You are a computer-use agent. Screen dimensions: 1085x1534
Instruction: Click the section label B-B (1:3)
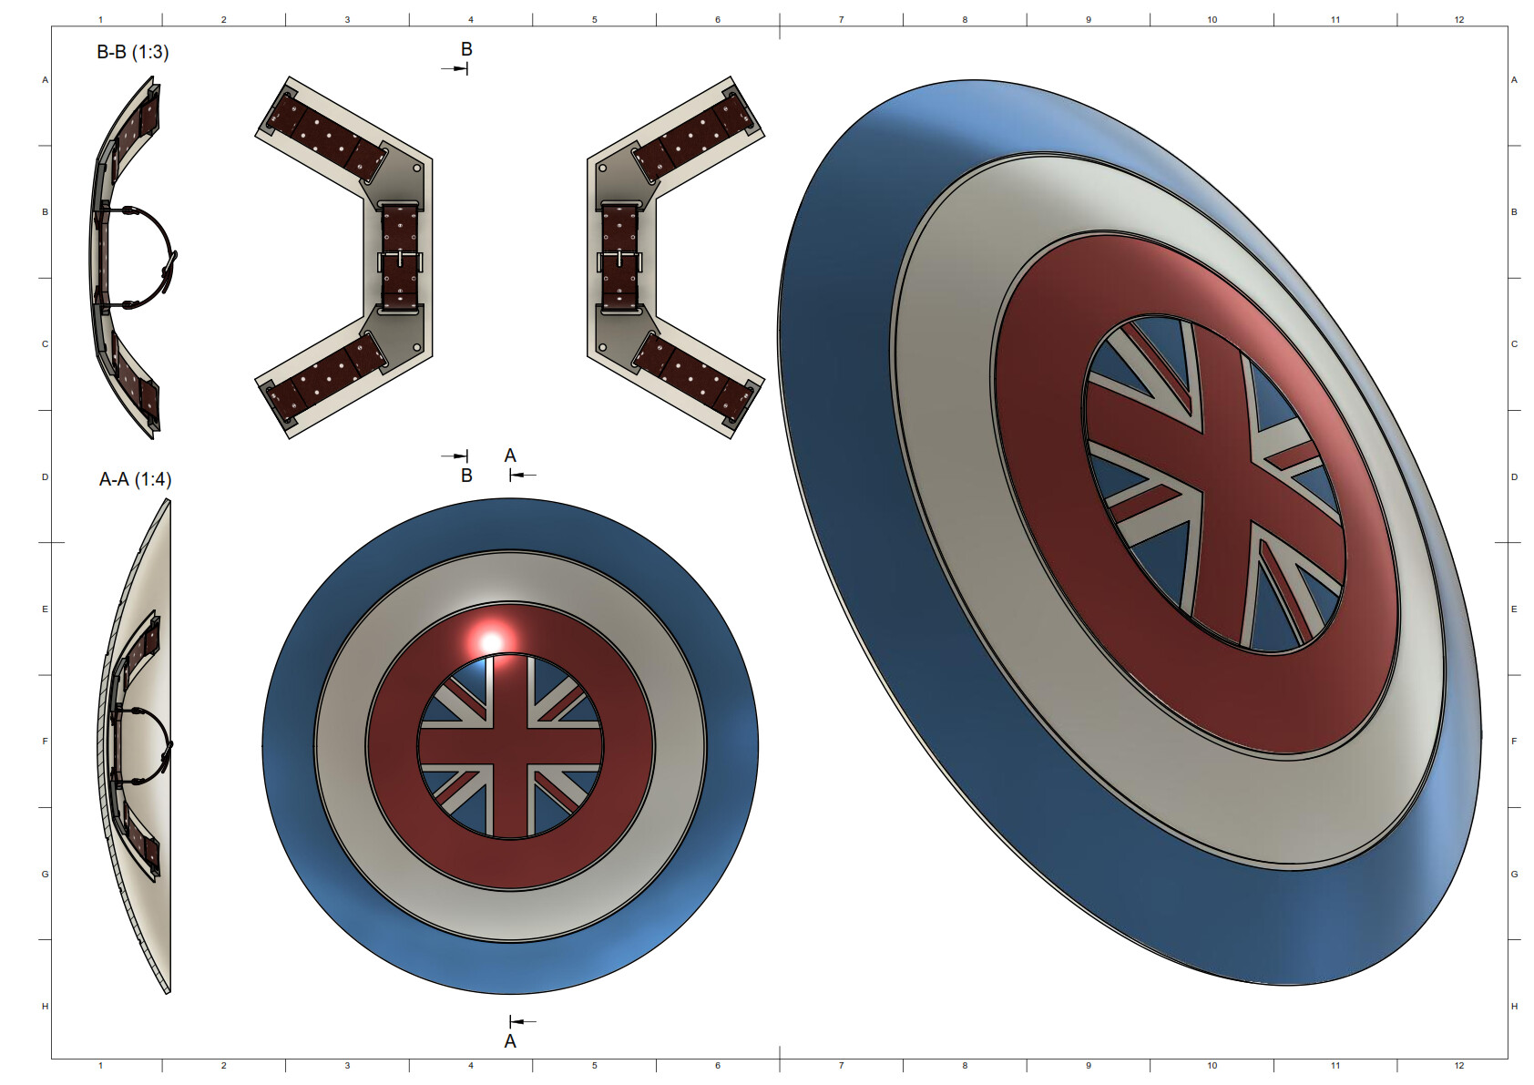pos(133,52)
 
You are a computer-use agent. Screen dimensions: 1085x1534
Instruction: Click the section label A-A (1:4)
pos(135,479)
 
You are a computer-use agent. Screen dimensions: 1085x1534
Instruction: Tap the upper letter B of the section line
pos(466,50)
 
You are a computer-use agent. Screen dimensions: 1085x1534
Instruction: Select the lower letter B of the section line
pos(466,475)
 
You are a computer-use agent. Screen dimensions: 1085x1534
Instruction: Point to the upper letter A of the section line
pos(510,455)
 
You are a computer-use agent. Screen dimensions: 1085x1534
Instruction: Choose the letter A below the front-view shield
pos(510,1040)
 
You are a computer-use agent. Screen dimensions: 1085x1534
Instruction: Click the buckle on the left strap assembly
pos(400,261)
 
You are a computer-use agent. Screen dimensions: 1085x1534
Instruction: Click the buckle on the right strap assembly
pos(619,261)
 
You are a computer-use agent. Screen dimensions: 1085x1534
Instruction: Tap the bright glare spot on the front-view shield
pos(491,641)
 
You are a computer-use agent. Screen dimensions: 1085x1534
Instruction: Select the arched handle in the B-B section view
pos(155,258)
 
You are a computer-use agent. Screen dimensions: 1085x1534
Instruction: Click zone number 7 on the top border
pos(841,19)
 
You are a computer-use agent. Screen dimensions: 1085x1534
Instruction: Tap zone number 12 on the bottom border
pos(1459,1065)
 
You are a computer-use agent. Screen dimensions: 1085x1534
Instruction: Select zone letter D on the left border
pos(45,476)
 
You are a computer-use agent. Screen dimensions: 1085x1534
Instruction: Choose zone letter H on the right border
pos(1514,1006)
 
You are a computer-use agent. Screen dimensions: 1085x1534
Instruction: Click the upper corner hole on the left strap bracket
pos(417,169)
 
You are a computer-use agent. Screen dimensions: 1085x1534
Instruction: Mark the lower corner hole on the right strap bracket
pos(602,347)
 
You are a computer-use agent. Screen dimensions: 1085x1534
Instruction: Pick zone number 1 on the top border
pos(100,19)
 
